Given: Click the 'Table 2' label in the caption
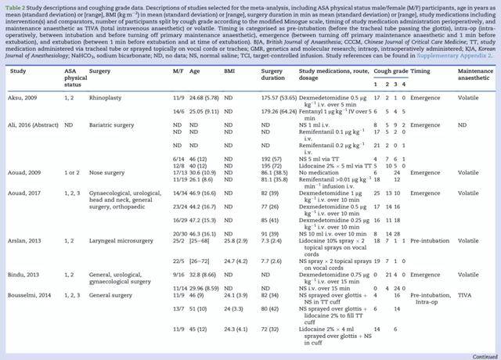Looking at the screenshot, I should click(14, 5).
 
